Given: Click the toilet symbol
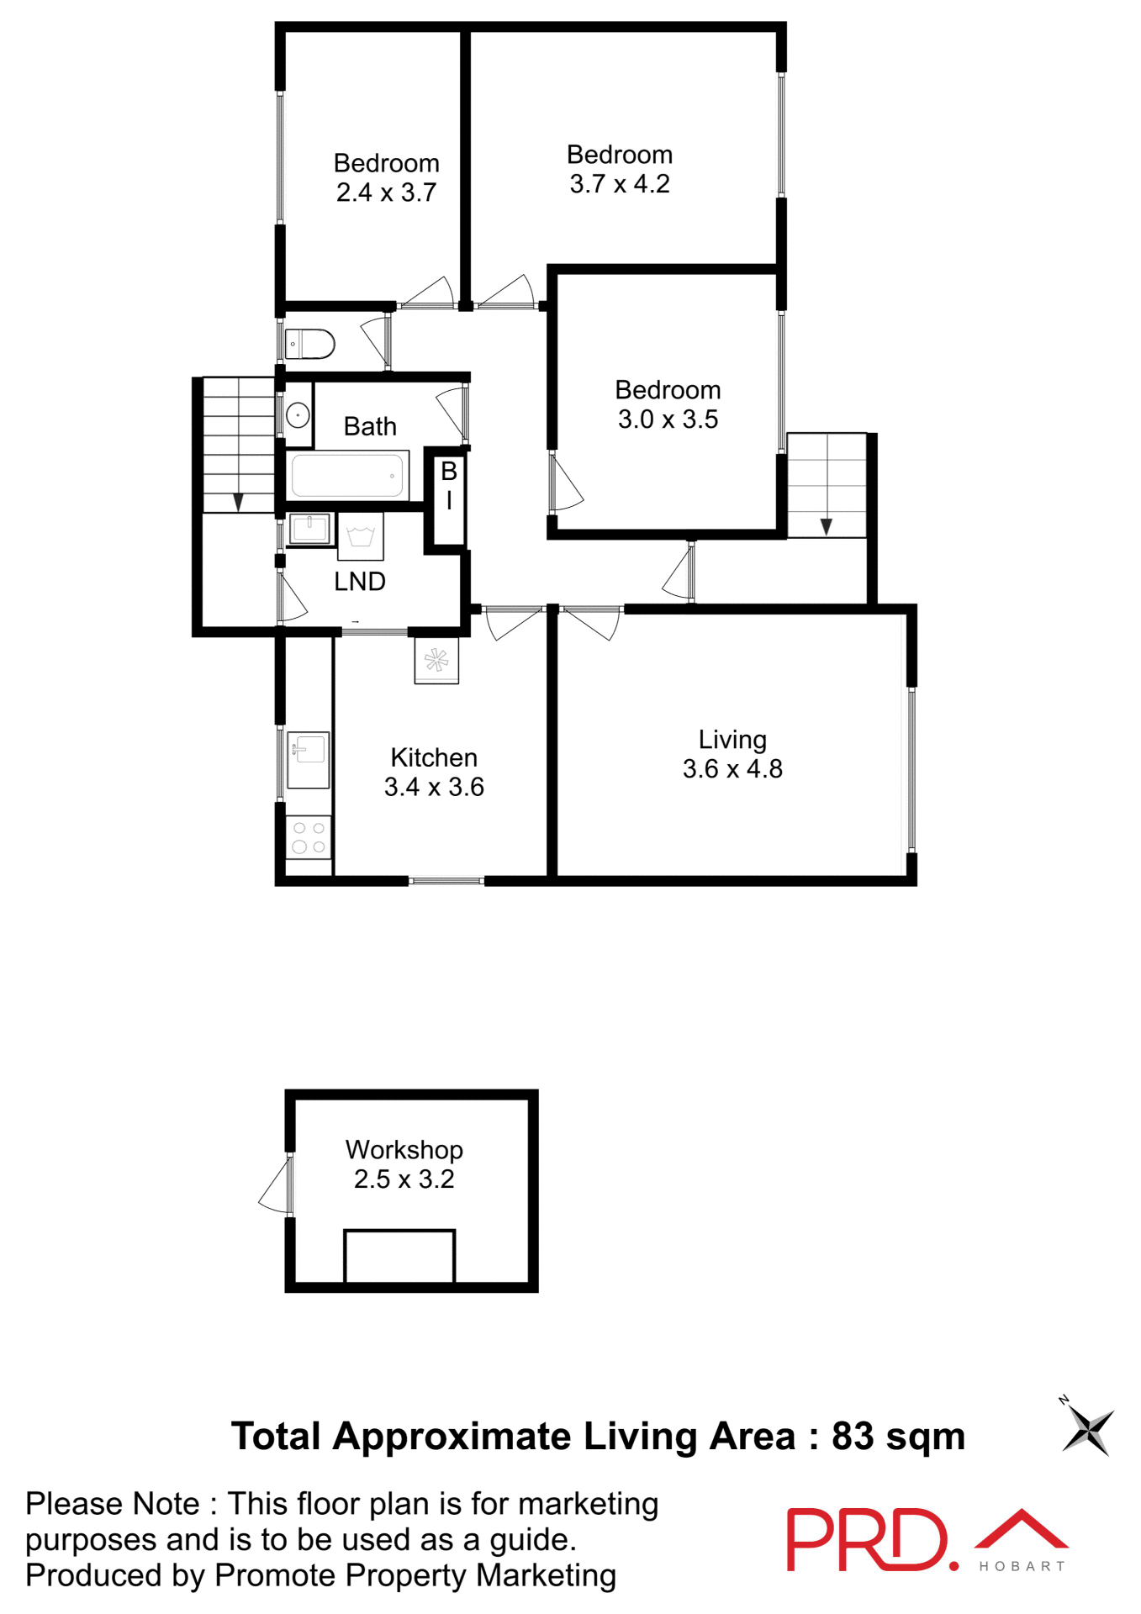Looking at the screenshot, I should click(x=310, y=344).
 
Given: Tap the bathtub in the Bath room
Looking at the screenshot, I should click(x=346, y=476).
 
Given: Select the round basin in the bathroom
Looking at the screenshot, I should click(x=298, y=414).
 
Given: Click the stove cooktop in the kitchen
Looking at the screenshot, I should click(x=309, y=837).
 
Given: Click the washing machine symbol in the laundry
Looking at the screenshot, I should click(x=361, y=536).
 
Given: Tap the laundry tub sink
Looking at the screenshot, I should click(x=310, y=529).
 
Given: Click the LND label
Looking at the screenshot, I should click(x=360, y=582).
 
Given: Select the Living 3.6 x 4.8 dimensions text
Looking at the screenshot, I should click(x=732, y=768).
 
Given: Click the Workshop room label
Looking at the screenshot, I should click(x=404, y=1149).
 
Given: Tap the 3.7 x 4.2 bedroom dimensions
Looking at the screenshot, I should click(x=620, y=184).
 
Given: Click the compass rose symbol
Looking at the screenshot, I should click(x=1088, y=1430).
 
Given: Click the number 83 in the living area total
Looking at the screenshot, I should click(x=853, y=1437).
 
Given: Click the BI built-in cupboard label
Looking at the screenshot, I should click(x=449, y=485).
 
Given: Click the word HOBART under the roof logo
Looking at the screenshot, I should click(x=1022, y=1567).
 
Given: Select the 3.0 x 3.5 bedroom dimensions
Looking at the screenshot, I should click(x=668, y=419).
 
